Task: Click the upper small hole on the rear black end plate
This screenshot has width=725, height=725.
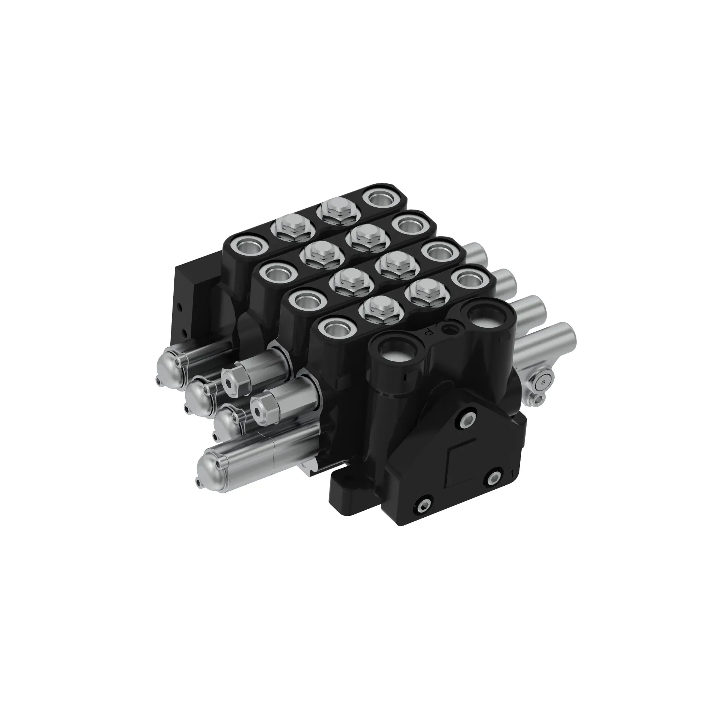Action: pyautogui.click(x=181, y=309)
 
